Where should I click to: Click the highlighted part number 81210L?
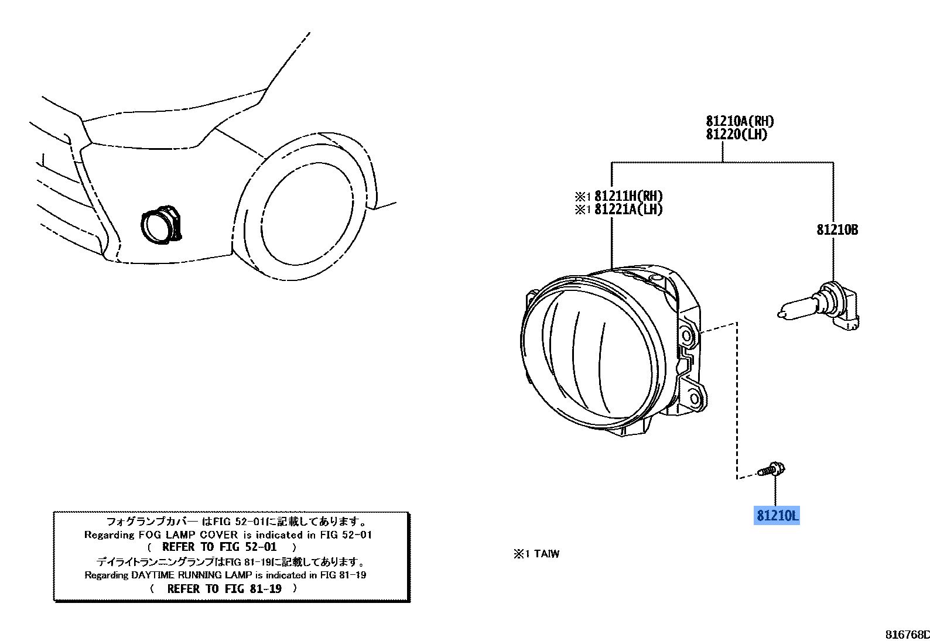(x=777, y=516)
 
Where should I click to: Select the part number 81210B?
(x=837, y=230)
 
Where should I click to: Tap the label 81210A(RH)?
(x=740, y=121)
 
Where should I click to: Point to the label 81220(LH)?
(x=736, y=134)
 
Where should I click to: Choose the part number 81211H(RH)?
(x=628, y=196)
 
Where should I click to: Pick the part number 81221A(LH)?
(x=628, y=209)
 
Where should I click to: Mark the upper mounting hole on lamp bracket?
(x=688, y=336)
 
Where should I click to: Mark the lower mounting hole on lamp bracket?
(x=695, y=399)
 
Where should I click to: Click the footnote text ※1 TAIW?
(x=536, y=554)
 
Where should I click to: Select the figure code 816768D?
(x=907, y=635)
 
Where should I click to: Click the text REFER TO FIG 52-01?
(x=219, y=547)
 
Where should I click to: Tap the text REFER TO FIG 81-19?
(x=224, y=589)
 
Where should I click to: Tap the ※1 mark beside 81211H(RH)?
(x=583, y=197)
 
